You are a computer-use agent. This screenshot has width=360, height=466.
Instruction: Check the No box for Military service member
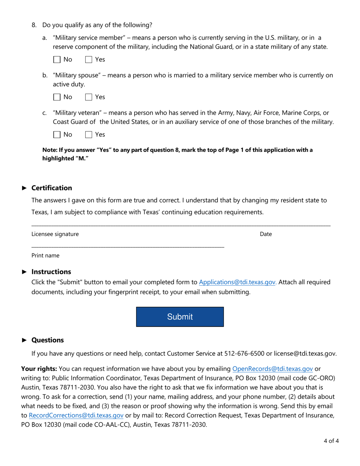tap(57, 59)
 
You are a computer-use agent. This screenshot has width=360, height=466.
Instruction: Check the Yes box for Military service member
tap(89, 59)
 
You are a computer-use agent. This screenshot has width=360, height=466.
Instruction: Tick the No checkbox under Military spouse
tap(57, 97)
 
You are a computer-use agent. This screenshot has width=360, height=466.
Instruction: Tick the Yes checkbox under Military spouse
tap(89, 97)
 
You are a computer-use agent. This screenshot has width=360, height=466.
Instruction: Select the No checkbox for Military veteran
tap(57, 134)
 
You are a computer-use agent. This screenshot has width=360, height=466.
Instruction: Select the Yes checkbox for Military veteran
tap(89, 134)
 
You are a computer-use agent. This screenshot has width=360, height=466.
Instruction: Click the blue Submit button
tap(180, 317)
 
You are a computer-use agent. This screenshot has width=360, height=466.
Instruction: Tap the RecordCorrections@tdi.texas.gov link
tap(76, 416)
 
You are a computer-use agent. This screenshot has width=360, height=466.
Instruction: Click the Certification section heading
tap(52, 188)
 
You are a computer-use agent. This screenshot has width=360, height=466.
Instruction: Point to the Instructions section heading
tap(51, 272)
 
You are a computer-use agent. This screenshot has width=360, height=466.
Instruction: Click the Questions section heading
tap(47, 340)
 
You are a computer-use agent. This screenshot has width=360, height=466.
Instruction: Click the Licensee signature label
tap(55, 234)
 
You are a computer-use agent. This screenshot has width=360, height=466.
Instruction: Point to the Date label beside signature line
tap(266, 234)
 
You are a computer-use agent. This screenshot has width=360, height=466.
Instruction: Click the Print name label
tap(45, 256)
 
